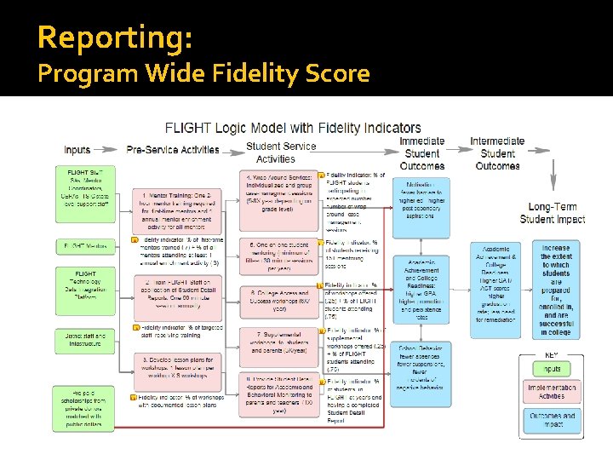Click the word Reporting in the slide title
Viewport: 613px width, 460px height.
(115, 37)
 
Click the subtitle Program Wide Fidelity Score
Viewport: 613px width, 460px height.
(203, 74)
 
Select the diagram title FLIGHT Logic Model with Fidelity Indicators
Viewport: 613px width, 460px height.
(293, 129)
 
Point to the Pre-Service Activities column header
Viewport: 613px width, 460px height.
(173, 150)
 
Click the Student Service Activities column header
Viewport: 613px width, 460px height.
(280, 152)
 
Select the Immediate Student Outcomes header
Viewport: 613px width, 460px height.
(421, 153)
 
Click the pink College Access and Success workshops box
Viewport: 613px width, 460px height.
(278, 297)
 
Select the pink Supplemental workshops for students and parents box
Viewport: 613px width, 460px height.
(278, 343)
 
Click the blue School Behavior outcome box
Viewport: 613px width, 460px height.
(421, 374)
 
